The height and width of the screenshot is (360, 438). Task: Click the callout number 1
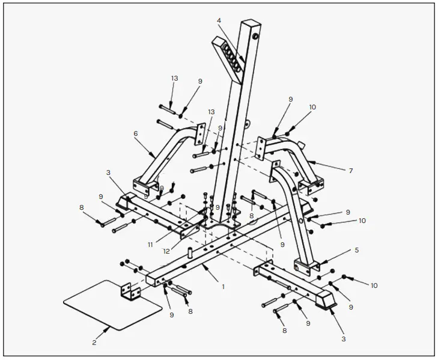pyautogui.click(x=223, y=287)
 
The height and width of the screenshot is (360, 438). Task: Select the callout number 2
pyautogui.click(x=94, y=343)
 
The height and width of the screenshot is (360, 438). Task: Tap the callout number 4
pyautogui.click(x=219, y=21)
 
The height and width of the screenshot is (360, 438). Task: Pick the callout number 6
pyautogui.click(x=136, y=133)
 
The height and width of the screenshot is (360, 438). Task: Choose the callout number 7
pyautogui.click(x=350, y=171)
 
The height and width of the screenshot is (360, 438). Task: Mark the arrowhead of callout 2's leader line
pyautogui.click(x=110, y=328)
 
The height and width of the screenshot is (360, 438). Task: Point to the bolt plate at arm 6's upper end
pyautogui.click(x=201, y=133)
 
